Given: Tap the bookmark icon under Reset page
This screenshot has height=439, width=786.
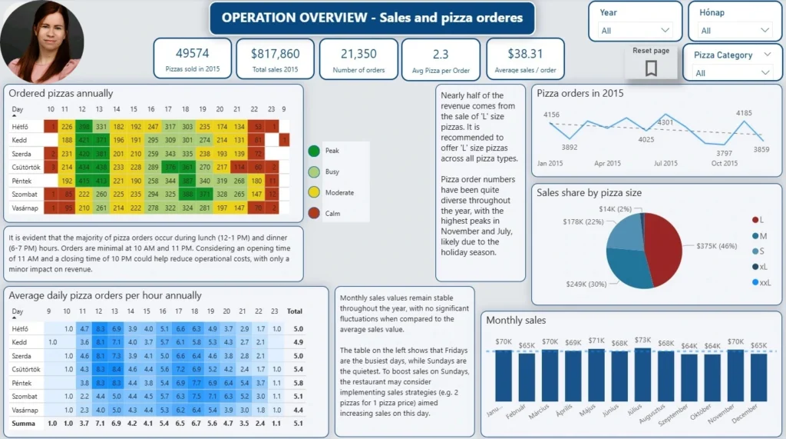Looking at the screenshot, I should coord(651,68).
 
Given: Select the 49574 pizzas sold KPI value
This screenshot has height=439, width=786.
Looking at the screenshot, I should coord(193,53).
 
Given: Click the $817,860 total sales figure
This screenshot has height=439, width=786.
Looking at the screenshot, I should coord(276,54).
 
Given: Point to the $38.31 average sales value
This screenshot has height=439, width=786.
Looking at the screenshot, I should coord(525,54).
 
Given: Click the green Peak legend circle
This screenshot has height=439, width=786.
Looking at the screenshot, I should coord(314,151).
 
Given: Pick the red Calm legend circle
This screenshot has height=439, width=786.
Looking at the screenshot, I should coord(314,213).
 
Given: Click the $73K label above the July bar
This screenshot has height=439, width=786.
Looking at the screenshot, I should coord(642,341).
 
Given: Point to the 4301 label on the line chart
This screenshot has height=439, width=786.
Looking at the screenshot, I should coord(665,121).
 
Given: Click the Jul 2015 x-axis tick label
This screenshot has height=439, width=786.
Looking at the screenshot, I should coord(665,163).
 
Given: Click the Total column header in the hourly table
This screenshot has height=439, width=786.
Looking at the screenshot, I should coord(292,312).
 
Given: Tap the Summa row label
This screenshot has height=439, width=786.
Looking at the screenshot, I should coord(24,423).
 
